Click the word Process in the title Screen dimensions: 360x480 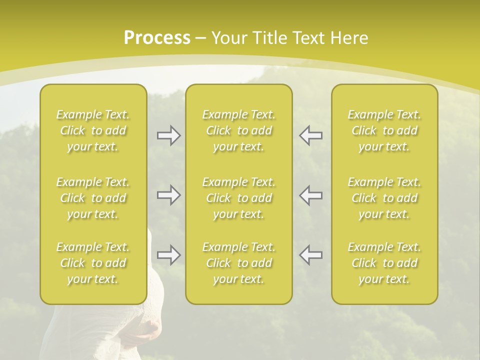click(x=157, y=38)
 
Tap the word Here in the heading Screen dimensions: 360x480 click(x=349, y=38)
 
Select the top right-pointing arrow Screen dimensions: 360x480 click(x=168, y=135)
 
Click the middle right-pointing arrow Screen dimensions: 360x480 click(x=168, y=195)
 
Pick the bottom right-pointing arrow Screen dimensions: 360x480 click(x=168, y=255)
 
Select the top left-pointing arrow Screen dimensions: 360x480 click(x=311, y=135)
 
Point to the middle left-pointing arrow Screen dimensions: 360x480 click(x=311, y=195)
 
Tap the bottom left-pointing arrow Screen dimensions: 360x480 click(x=311, y=255)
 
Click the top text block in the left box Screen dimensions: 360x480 click(x=93, y=130)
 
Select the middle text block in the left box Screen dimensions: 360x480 click(x=93, y=198)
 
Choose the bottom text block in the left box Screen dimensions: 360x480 click(x=93, y=263)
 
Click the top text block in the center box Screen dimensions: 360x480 click(x=239, y=130)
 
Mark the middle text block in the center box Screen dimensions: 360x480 click(x=239, y=198)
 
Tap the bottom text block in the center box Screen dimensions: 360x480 click(x=239, y=263)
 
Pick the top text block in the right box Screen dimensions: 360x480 click(x=384, y=130)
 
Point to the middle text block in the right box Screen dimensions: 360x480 click(x=384, y=198)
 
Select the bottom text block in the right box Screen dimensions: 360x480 click(x=384, y=263)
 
